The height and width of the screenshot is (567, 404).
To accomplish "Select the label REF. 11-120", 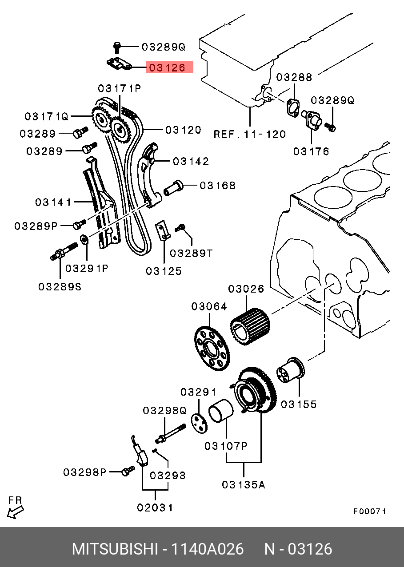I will tap(249, 134).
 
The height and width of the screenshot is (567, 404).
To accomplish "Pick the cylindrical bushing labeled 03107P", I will tap(220, 411).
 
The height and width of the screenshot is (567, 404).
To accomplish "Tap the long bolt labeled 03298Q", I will tap(171, 433).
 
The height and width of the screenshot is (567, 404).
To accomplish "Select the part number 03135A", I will tap(243, 485).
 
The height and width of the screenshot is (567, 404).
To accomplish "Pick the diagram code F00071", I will tap(369, 511).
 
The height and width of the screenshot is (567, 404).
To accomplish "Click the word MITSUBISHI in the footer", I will tap(115, 549).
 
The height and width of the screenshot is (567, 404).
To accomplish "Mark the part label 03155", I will tap(299, 404).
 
